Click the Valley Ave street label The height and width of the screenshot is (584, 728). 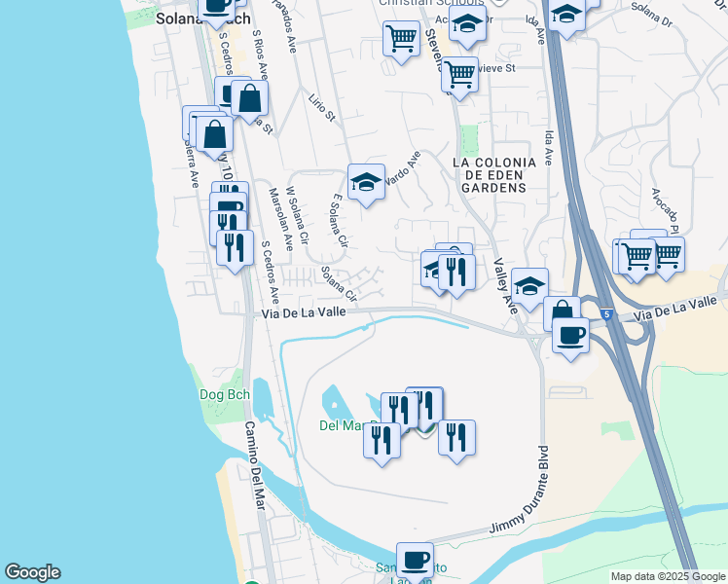tap(504, 283)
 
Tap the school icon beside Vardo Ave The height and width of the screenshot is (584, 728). tap(366, 182)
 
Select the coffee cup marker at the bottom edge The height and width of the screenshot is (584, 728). tap(415, 561)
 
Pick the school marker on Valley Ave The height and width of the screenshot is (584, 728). tap(529, 287)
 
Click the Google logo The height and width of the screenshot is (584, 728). tap(32, 572)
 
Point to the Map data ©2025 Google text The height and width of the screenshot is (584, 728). tap(668, 576)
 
